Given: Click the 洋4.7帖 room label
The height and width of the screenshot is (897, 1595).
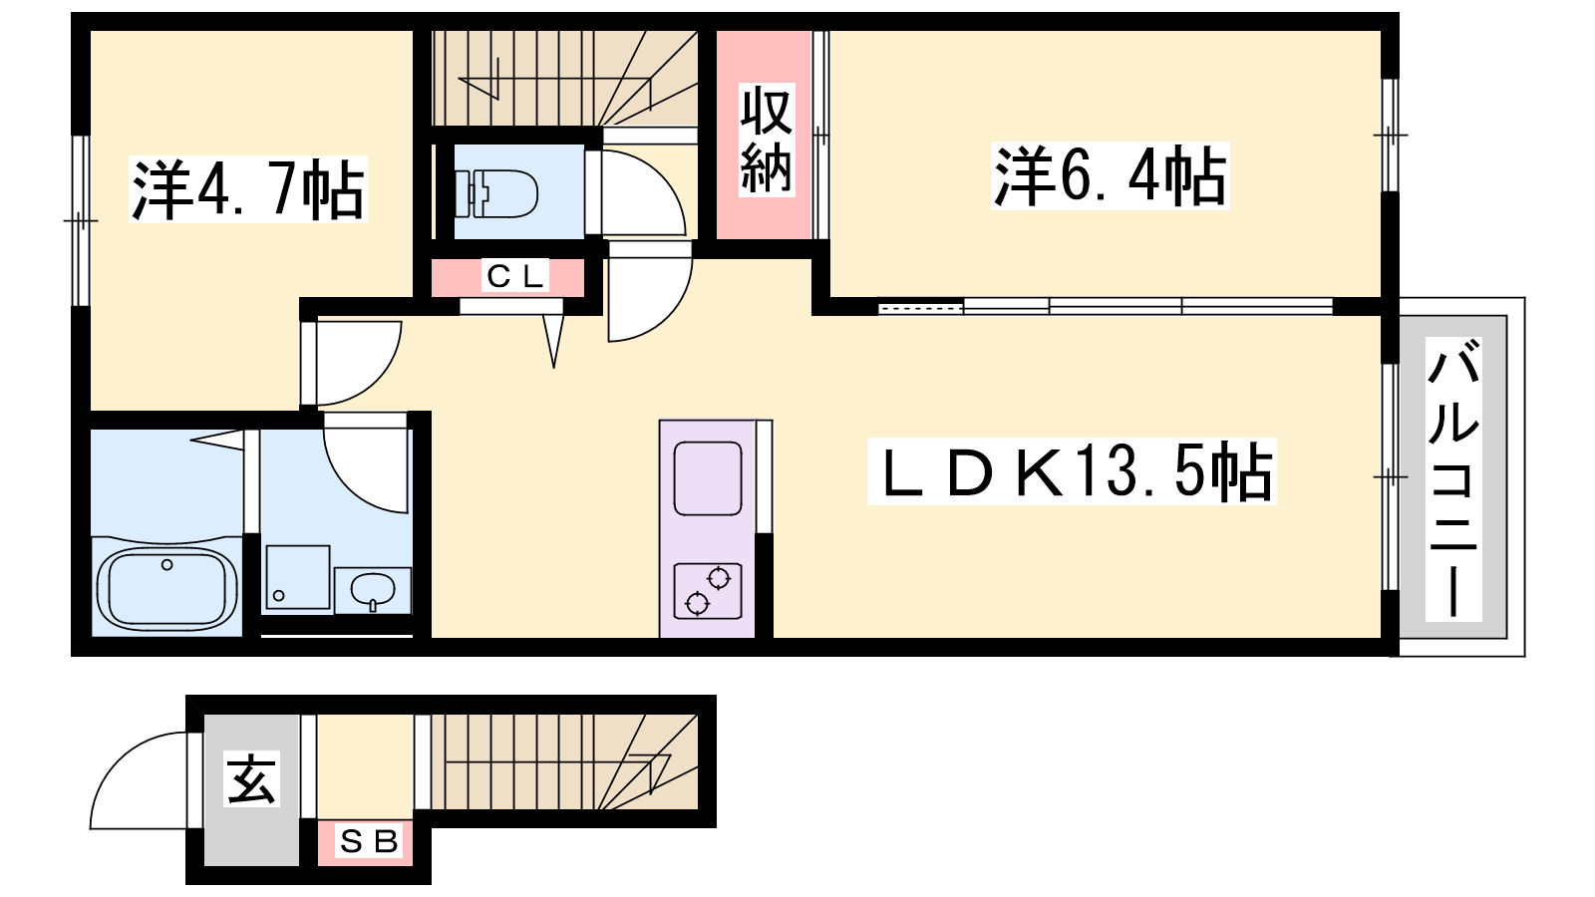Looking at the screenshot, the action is point(248,190).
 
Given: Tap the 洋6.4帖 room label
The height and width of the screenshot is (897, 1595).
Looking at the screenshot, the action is point(1111,175).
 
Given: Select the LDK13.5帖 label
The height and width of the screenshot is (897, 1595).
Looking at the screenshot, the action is point(1072,472).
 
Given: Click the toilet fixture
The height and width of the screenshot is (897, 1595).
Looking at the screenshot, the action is point(497,193).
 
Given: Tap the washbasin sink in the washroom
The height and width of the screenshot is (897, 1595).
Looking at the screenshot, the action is point(373,590).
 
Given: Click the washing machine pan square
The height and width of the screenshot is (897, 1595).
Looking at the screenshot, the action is point(298,577).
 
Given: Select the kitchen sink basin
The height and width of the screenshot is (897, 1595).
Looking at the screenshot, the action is point(708,478).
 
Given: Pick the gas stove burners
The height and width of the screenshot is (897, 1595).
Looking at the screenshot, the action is point(708,591).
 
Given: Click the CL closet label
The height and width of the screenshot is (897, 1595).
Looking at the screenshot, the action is point(514,276).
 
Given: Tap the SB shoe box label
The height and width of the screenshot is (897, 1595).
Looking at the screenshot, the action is point(369,841).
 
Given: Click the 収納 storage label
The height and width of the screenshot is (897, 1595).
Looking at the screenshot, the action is point(767,141).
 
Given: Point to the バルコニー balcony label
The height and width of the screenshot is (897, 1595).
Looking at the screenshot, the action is point(1454,479).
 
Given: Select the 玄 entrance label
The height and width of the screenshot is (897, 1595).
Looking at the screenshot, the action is point(251,778).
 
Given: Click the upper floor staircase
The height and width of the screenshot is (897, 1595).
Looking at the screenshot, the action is point(564,79).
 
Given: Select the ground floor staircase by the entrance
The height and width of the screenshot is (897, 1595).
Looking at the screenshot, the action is point(564,761).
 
